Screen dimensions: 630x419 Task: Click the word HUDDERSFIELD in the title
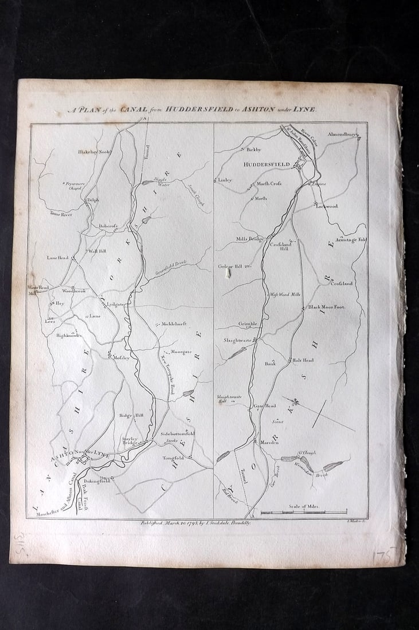(x=198, y=109)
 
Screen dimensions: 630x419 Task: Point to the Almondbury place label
(x=343, y=135)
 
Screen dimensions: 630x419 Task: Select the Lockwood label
(x=327, y=206)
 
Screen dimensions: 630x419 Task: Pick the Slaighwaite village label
(x=238, y=340)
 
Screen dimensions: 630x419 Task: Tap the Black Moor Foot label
(x=327, y=307)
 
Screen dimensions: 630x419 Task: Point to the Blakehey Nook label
(x=93, y=152)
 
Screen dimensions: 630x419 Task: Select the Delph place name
(x=92, y=200)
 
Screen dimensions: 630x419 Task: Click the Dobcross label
(x=108, y=226)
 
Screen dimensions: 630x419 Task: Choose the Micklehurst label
(x=177, y=324)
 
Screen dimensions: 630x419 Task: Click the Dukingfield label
(x=97, y=482)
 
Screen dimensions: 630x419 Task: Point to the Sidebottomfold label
(x=178, y=434)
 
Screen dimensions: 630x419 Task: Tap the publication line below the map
(x=195, y=522)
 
